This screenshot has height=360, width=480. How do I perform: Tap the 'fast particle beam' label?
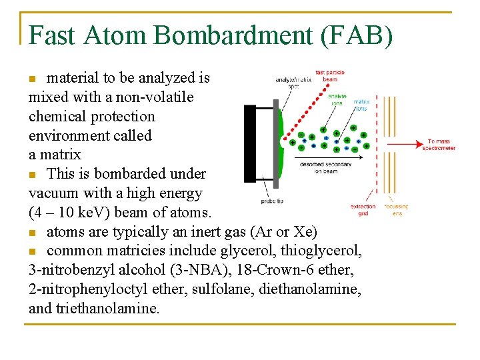(330, 75)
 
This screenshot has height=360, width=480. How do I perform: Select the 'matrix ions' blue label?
(361, 104)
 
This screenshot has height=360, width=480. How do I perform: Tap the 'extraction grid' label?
(363, 209)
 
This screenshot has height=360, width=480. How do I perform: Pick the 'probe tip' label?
(272, 201)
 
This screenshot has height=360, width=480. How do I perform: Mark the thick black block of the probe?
(250, 143)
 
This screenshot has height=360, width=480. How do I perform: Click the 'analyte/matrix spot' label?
(293, 83)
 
